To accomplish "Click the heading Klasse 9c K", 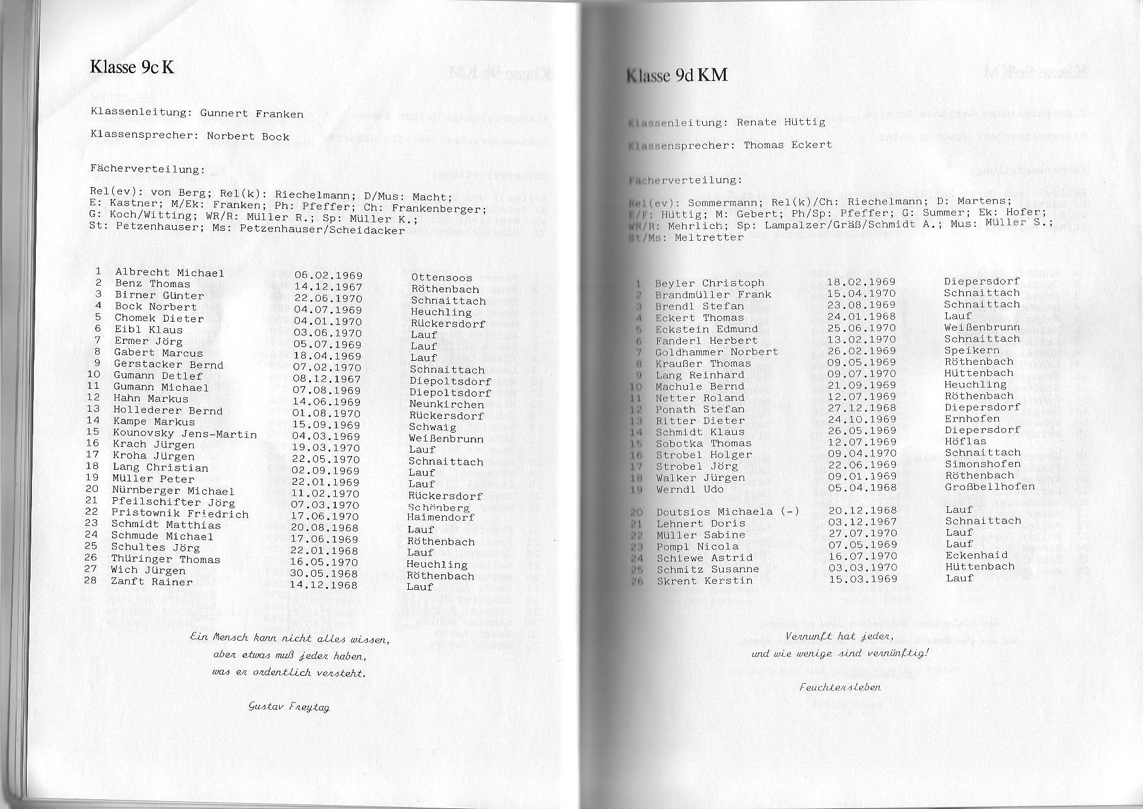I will point(132,67).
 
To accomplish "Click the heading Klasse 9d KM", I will point(676,75).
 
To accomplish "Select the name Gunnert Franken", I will point(252,114).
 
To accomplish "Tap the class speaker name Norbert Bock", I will point(248,136).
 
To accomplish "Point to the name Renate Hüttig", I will point(780,122).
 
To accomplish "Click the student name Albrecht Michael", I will point(170,273).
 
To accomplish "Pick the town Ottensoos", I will point(441,278).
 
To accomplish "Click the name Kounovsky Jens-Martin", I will point(185,433).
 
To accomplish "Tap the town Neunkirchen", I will point(447,404).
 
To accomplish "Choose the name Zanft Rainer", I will point(151,581).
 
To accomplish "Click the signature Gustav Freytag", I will point(289,706).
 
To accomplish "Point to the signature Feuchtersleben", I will point(840,686).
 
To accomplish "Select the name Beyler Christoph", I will point(709,282).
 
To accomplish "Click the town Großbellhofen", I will point(990,487).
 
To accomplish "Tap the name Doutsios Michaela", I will point(715,512).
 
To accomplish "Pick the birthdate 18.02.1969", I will point(861,282).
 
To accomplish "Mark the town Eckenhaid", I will point(976,555).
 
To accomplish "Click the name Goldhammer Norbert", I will point(717,352).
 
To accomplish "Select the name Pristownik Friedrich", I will point(180,513).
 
